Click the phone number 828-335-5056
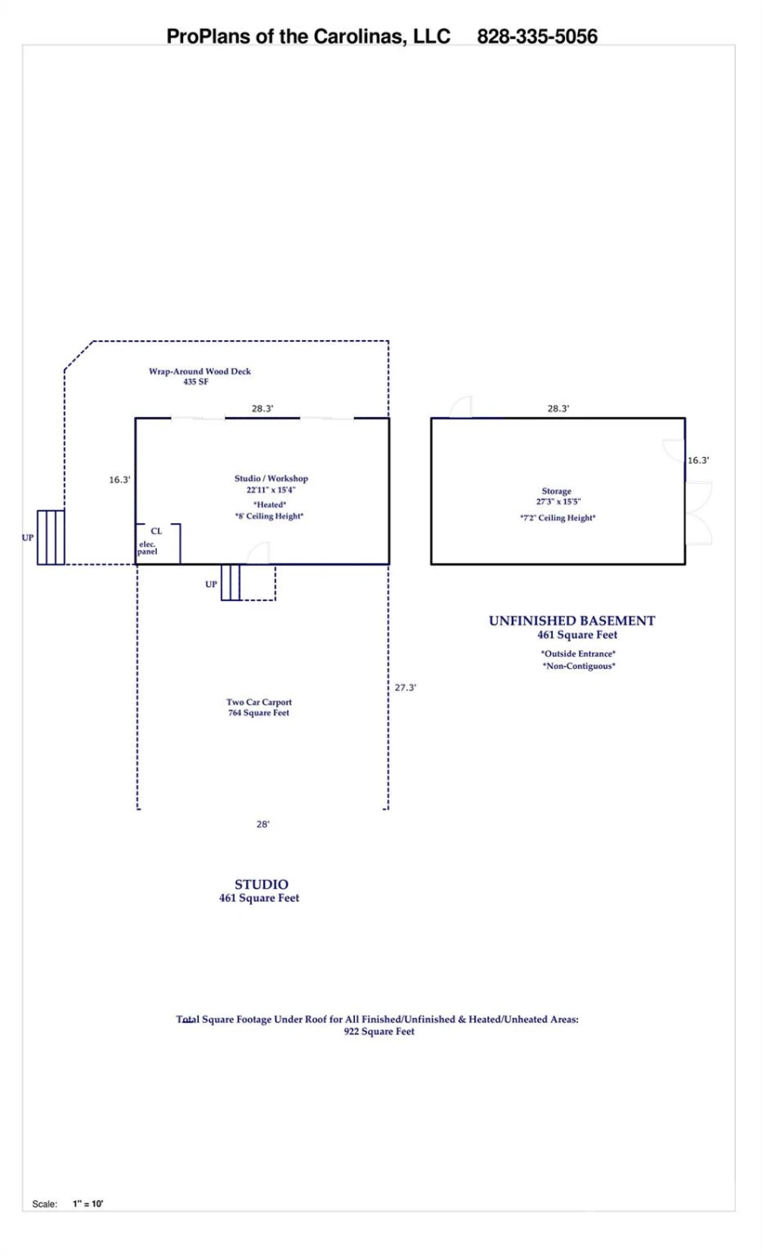pyautogui.click(x=537, y=37)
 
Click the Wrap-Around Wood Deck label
pyautogui.click(x=200, y=372)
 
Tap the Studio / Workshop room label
pyautogui.click(x=271, y=478)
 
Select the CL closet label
pyautogui.click(x=156, y=531)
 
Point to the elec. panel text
pyautogui.click(x=148, y=548)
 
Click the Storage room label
pyautogui.click(x=556, y=491)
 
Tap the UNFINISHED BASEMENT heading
pyautogui.click(x=572, y=621)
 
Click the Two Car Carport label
pyautogui.click(x=259, y=702)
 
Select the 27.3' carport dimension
pyautogui.click(x=405, y=687)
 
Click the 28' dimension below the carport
pyautogui.click(x=262, y=824)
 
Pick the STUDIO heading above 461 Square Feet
pyautogui.click(x=261, y=884)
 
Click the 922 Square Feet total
pyautogui.click(x=379, y=1032)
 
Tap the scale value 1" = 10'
pyautogui.click(x=88, y=1204)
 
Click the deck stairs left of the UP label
pyautogui.click(x=51, y=537)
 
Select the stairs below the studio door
pyautogui.click(x=231, y=583)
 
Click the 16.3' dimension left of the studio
pyautogui.click(x=119, y=480)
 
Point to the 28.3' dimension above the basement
pyautogui.click(x=558, y=409)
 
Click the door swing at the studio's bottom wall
pyautogui.click(x=258, y=553)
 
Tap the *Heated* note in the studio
pyautogui.click(x=269, y=505)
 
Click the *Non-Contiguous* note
pyautogui.click(x=579, y=666)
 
